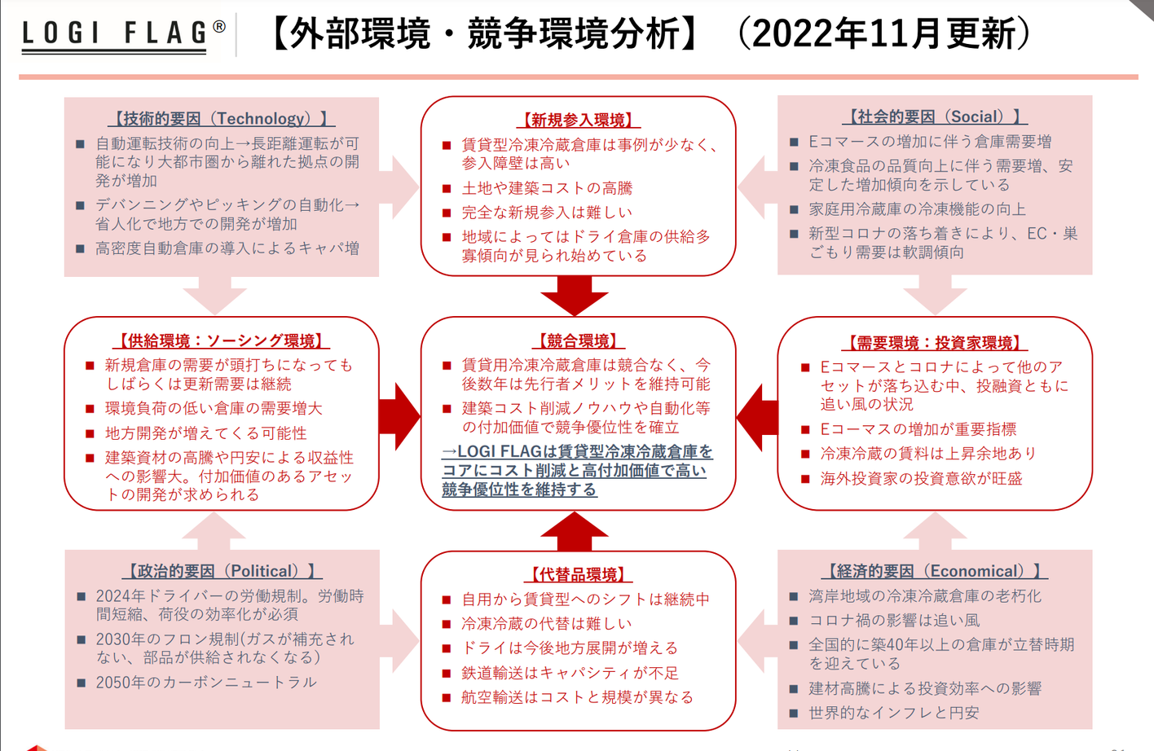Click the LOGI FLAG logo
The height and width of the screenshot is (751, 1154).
point(124,35)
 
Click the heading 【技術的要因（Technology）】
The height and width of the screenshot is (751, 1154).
point(222,119)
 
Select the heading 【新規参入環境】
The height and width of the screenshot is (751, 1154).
point(579,121)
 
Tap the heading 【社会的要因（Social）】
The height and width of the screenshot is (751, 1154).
point(935,116)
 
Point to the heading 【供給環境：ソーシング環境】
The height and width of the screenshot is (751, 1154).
point(222,340)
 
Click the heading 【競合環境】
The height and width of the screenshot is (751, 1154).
point(578,340)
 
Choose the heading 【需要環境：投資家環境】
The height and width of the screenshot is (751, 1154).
point(935,343)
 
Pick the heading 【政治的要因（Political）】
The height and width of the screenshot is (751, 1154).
point(222,571)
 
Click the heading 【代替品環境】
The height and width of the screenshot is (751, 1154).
point(578,574)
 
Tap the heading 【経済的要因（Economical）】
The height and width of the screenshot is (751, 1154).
point(935,571)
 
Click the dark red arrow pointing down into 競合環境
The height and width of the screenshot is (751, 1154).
point(575,296)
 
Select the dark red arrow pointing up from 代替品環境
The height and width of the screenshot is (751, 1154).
point(575,531)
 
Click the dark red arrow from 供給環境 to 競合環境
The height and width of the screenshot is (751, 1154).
point(400,416)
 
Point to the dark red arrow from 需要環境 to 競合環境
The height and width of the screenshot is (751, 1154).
point(757,418)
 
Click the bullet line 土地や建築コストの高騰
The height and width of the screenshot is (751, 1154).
point(547,188)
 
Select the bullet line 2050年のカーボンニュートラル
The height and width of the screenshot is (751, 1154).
point(206,683)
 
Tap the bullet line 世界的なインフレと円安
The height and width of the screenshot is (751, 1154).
point(894,713)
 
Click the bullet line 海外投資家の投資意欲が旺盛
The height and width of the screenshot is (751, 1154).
point(921,479)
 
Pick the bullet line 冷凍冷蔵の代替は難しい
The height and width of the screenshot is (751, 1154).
point(547,624)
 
